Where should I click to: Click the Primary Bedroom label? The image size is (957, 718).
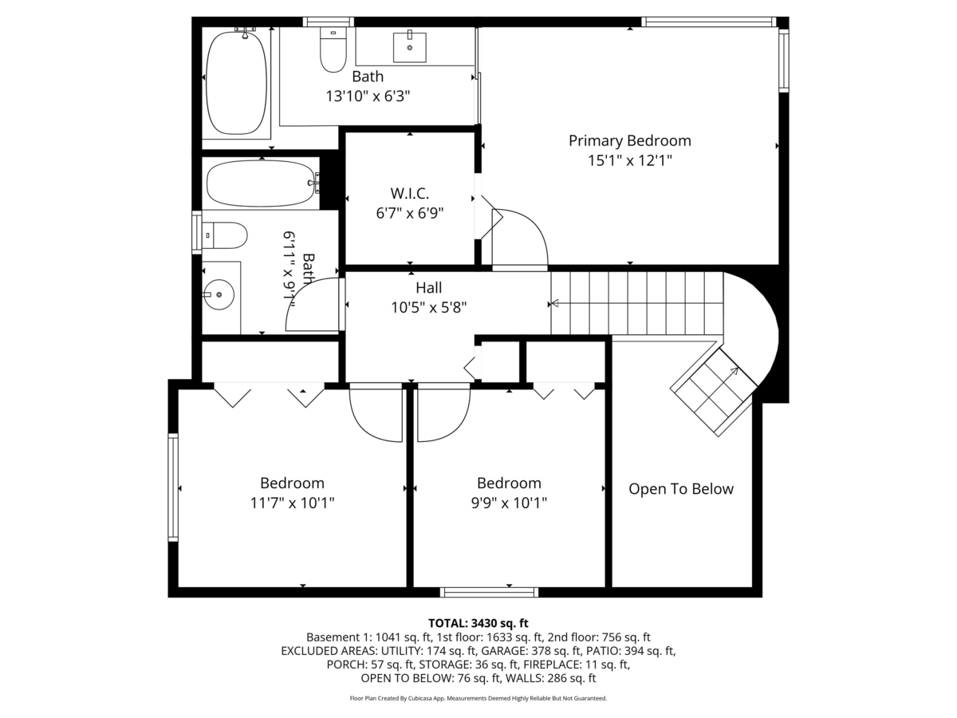point(629,140)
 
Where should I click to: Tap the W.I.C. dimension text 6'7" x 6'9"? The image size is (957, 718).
point(410,213)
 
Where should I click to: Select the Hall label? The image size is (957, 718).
point(428,288)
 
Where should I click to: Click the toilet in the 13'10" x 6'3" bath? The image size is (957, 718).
point(332,49)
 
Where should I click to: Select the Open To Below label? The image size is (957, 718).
point(680,489)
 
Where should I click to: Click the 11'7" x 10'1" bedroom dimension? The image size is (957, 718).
point(292,503)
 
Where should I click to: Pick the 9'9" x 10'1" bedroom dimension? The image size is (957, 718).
point(509,503)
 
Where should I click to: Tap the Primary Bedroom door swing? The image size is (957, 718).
point(518,239)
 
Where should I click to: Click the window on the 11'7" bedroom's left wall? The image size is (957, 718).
point(172,487)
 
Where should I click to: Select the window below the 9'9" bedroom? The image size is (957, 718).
point(489,592)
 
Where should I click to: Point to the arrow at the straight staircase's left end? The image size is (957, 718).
point(554,303)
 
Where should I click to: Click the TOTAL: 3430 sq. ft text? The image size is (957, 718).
point(478,622)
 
